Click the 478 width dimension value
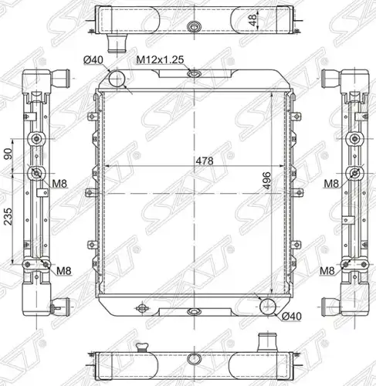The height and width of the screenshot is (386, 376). pos(205,161)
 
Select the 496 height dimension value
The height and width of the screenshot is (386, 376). pos(266,181)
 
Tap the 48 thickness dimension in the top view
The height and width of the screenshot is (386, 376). pos(253,20)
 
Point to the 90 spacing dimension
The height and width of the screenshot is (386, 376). pos(8,154)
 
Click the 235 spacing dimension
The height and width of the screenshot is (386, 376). pos(8,217)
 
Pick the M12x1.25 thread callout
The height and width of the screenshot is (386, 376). pos(160,59)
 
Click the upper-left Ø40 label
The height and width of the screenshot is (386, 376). pos(93,60)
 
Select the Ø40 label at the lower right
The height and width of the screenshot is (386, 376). pos(291,317)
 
